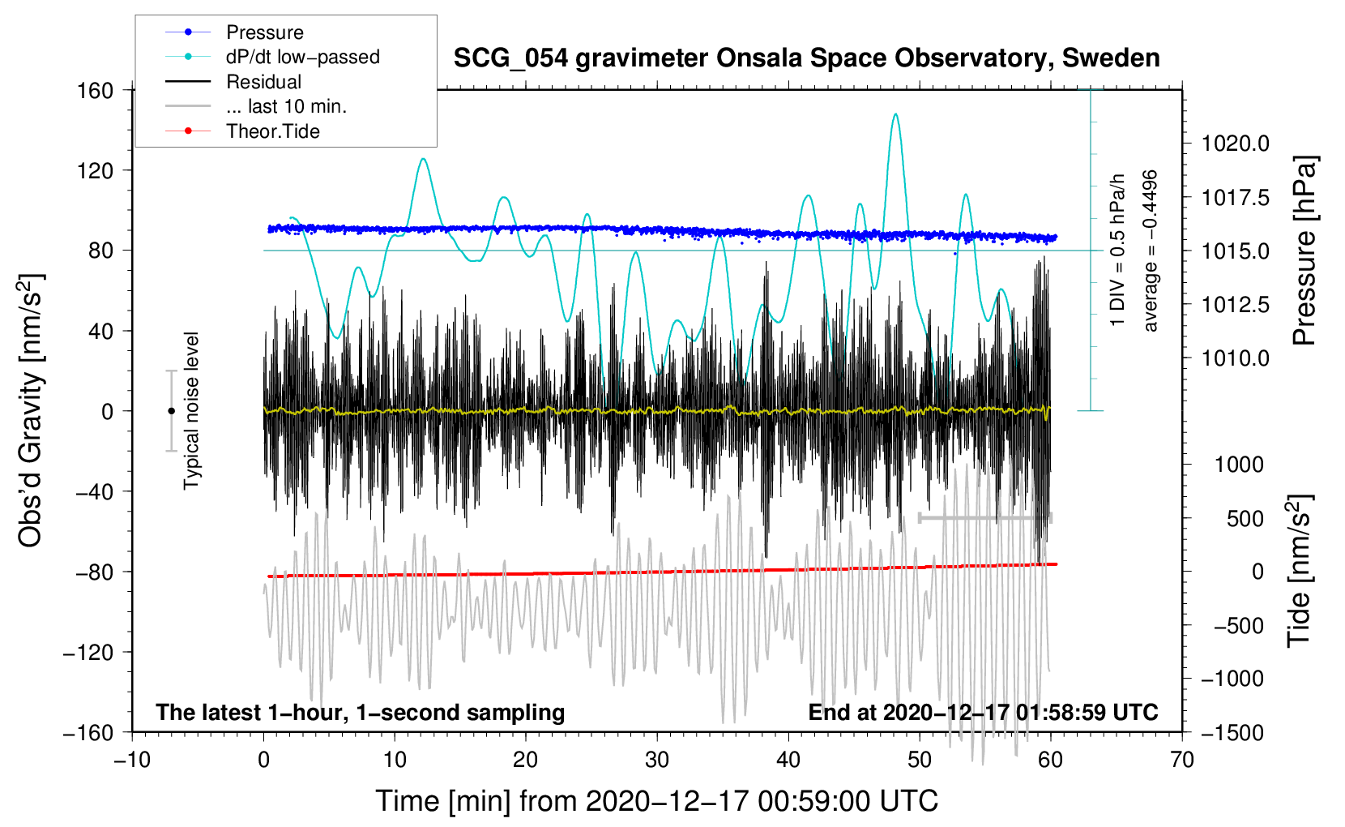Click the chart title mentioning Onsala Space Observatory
pyautogui.click(x=806, y=58)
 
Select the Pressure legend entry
pyautogui.click(x=264, y=32)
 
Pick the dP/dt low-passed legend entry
pyautogui.click(x=302, y=57)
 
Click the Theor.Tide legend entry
pyautogui.click(x=272, y=131)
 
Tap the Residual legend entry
pyautogui.click(x=263, y=82)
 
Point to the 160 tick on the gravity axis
pyautogui.click(x=96, y=90)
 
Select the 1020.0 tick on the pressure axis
pyautogui.click(x=1235, y=144)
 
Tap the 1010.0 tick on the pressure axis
pyautogui.click(x=1235, y=358)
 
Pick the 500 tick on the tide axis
pyautogui.click(x=1245, y=518)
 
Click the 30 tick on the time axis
pyautogui.click(x=657, y=760)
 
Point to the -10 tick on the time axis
pyautogui.click(x=132, y=760)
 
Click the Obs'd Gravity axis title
pyautogui.click(x=31, y=411)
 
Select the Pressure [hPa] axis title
pyautogui.click(x=1304, y=251)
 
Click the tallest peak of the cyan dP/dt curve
pyautogui.click(x=895, y=114)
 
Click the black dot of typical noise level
pyautogui.click(x=171, y=411)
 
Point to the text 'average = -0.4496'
pyautogui.click(x=1151, y=251)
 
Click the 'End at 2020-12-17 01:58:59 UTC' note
pyautogui.click(x=983, y=713)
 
